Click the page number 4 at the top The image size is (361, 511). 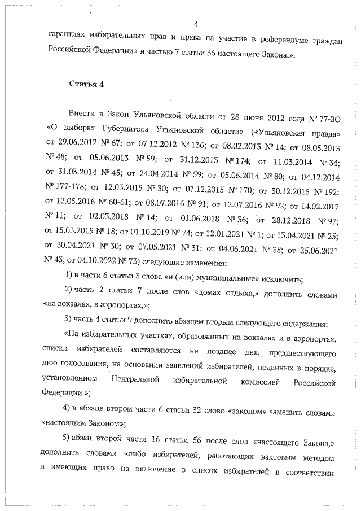pos(196,24)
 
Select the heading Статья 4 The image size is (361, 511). pos(86,85)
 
